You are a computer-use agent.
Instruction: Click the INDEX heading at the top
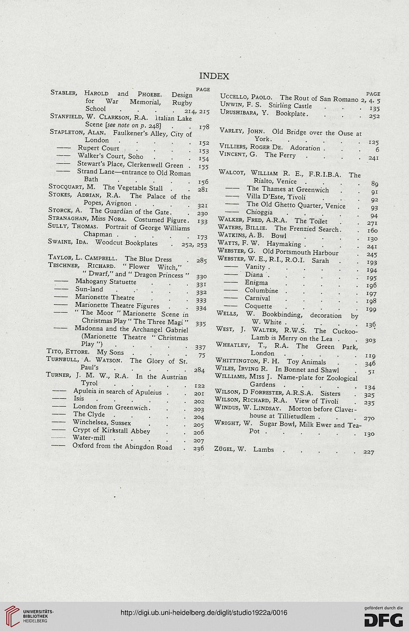[214, 76]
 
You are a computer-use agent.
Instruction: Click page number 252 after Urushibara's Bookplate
[374, 116]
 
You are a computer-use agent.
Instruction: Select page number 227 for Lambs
[369, 452]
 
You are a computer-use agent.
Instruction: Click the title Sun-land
[89, 289]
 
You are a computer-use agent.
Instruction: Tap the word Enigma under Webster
[256, 282]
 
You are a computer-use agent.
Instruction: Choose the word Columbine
[261, 290]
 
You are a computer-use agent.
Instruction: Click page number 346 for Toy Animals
[370, 364]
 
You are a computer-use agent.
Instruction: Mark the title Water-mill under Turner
[89, 438]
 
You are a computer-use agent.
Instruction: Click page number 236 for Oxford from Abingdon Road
[198, 448]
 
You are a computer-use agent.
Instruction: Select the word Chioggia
[259, 212]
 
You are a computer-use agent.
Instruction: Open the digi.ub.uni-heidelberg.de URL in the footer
[204, 613]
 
